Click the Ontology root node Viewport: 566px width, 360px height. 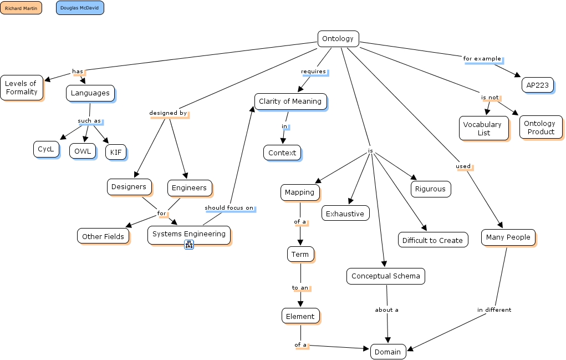[338, 39]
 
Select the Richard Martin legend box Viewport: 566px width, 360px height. [21, 8]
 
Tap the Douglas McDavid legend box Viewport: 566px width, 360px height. [80, 8]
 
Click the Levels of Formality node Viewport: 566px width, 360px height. [21, 88]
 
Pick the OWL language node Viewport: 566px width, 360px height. [83, 151]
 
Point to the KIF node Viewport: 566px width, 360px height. [116, 151]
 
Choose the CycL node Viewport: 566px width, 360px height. [46, 149]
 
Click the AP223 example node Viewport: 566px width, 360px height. [537, 85]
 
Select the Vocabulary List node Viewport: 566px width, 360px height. [483, 128]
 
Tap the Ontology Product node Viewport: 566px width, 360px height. [540, 128]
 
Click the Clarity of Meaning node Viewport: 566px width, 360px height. [290, 102]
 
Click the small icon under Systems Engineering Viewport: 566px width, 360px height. [188, 245]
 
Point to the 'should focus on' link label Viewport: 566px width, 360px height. [229, 208]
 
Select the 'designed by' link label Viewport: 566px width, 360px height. [168, 113]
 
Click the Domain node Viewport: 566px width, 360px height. [388, 352]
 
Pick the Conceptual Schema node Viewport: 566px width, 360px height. [386, 276]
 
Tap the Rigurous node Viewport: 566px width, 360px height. [430, 189]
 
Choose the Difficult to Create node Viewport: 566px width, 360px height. [432, 240]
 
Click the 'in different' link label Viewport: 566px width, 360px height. [494, 310]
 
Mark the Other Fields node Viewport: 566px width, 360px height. [103, 236]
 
